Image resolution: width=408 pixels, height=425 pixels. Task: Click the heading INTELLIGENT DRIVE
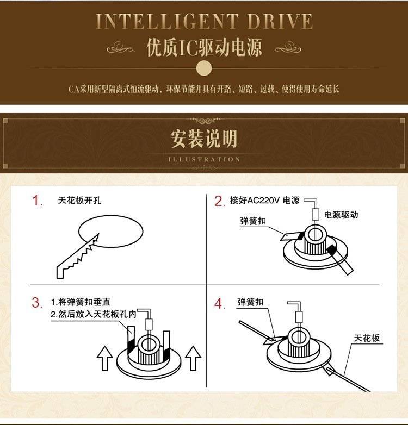204,21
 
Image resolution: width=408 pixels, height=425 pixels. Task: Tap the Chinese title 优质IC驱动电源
204,47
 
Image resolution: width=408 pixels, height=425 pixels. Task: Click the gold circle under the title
204,68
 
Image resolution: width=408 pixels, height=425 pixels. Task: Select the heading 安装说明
204,138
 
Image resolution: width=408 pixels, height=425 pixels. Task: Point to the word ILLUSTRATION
204,159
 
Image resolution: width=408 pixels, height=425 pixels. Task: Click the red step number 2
220,201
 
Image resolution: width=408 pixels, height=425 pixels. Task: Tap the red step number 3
37,303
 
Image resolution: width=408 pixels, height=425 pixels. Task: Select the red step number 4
220,304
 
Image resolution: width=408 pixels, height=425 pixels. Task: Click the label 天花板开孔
79,201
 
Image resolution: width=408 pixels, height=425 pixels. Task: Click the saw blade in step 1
78,256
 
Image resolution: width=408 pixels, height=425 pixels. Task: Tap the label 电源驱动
341,215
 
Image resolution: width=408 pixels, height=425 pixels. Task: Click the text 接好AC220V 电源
265,201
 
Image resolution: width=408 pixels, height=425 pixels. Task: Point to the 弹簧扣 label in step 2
253,221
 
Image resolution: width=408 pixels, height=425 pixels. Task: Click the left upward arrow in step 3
104,358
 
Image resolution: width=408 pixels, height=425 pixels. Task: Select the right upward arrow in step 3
193,358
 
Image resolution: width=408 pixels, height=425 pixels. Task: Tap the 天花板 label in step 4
367,338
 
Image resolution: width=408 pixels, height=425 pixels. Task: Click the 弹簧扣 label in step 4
250,302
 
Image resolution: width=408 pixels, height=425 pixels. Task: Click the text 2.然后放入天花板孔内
94,314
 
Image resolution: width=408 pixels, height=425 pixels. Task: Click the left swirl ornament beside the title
120,48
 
